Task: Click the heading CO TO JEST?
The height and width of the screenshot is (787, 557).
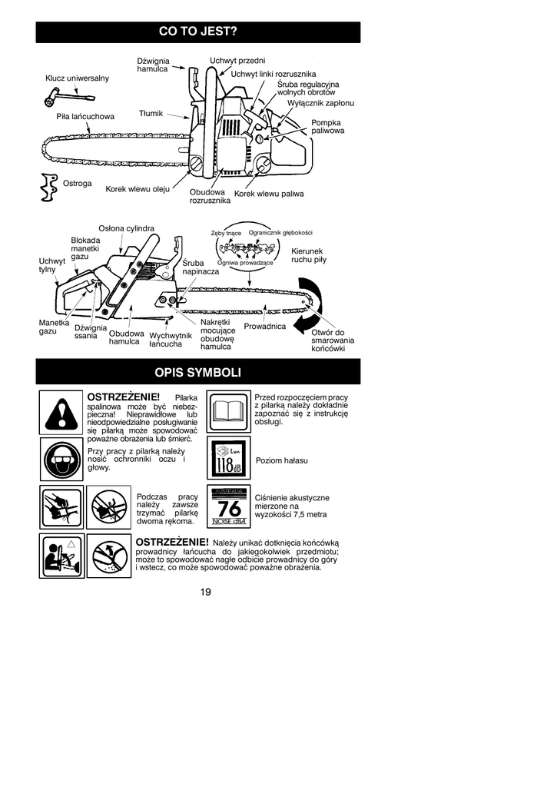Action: (x=197, y=32)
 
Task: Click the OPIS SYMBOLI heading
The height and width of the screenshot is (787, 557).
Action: (x=197, y=373)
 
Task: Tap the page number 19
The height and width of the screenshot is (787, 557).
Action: (x=205, y=592)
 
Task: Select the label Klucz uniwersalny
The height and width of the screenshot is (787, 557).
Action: (x=78, y=78)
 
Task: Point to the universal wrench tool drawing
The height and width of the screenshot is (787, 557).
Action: (x=65, y=98)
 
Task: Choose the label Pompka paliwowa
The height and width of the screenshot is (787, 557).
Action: (x=327, y=127)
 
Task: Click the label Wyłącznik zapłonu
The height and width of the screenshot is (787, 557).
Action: (x=320, y=103)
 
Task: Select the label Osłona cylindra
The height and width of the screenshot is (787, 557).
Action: (x=127, y=228)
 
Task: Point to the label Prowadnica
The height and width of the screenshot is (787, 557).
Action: (x=264, y=327)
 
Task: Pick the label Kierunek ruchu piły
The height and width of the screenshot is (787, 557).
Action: (x=308, y=256)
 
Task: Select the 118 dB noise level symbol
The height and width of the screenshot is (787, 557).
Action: (x=228, y=460)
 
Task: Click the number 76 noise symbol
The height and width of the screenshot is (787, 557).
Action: (x=228, y=508)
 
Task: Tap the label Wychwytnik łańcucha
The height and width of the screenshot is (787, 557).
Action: (x=170, y=340)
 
